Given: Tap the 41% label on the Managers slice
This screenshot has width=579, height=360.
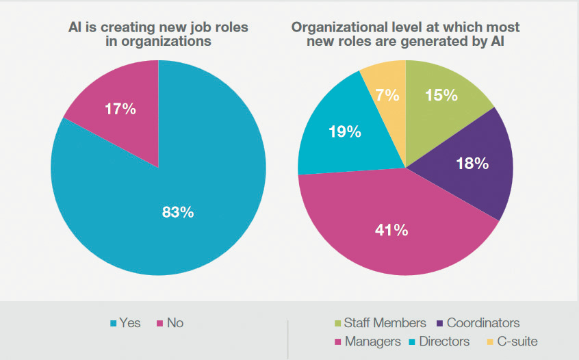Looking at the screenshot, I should [392, 229].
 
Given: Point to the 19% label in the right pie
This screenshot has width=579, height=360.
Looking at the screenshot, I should [344, 131].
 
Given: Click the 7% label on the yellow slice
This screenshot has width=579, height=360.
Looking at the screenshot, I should [388, 95].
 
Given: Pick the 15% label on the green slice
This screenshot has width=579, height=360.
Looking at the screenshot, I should [441, 95].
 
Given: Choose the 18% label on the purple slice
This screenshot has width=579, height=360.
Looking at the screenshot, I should [472, 163].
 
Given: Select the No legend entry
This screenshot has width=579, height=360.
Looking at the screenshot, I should [170, 322].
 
